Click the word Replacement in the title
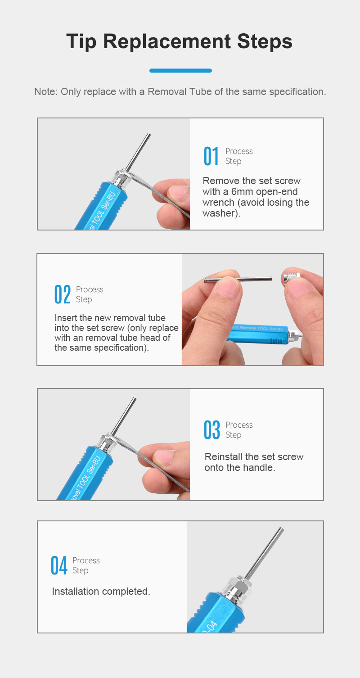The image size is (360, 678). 166,41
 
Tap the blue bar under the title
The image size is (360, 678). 180,71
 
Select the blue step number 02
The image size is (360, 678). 63,294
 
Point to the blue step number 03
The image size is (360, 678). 212,429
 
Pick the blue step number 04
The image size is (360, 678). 59,565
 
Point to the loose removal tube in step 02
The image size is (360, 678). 238,280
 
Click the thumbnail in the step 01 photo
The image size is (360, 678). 178,194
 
